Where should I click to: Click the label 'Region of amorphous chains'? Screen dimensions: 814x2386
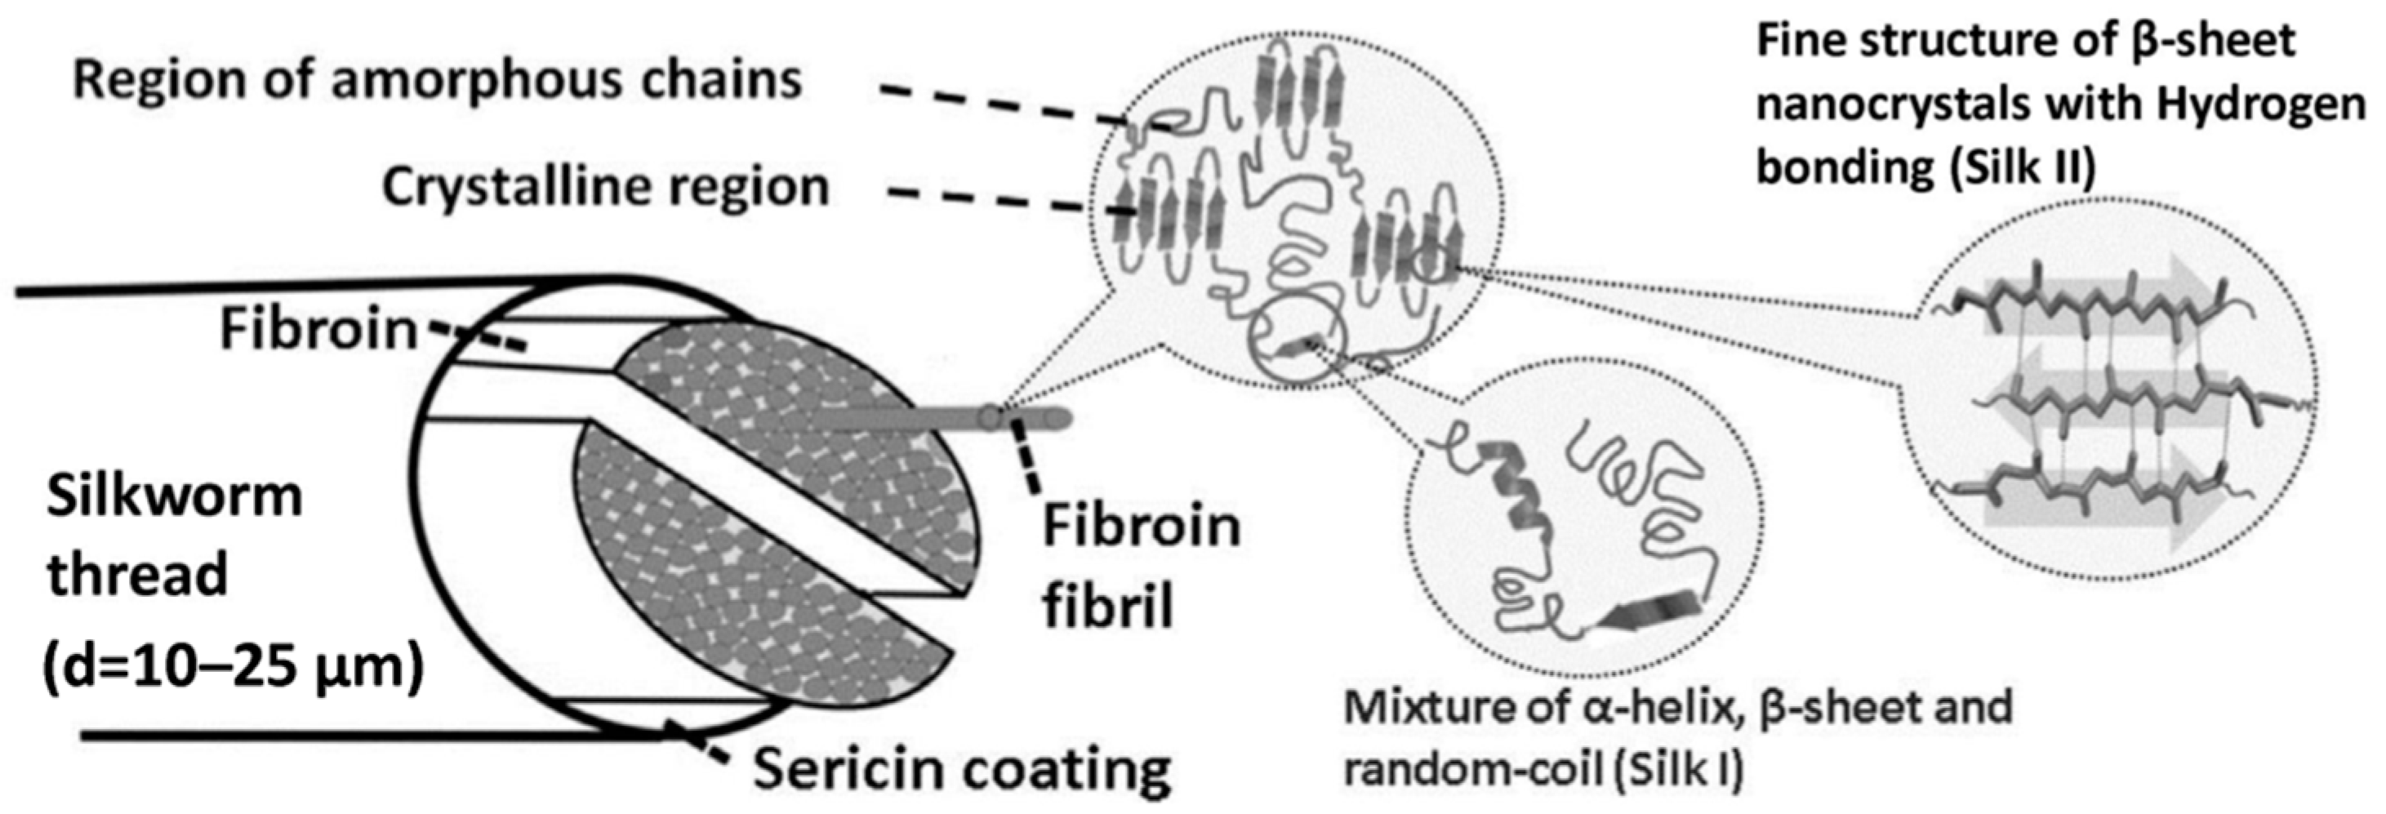point(436,81)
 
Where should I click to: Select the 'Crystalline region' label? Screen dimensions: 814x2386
point(605,188)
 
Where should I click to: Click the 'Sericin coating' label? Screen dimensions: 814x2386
point(960,768)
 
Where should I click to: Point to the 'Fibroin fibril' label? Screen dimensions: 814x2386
point(1140,566)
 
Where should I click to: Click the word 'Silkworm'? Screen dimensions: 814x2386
point(174,497)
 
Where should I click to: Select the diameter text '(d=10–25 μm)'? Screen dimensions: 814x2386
point(232,665)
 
